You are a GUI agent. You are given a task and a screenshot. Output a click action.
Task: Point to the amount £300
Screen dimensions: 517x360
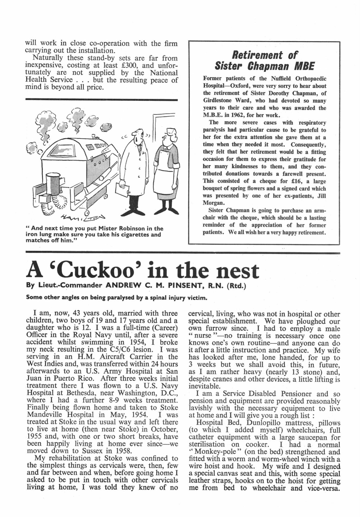point(129,65)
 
